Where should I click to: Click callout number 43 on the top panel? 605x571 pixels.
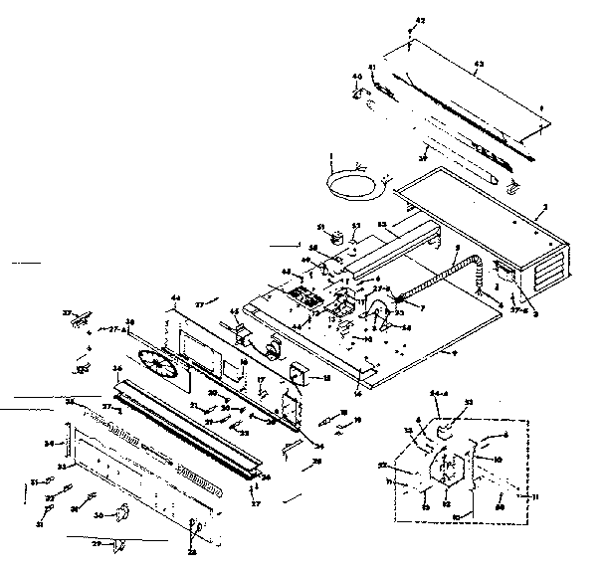tap(479, 64)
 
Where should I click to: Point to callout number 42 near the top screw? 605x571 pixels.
tap(419, 20)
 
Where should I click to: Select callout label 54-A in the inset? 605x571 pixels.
tap(440, 396)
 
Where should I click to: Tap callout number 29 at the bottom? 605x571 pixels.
tap(97, 543)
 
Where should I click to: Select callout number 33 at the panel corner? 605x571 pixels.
tap(62, 465)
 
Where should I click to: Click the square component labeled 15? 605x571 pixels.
tap(296, 375)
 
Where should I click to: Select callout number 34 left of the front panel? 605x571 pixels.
tap(49, 443)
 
